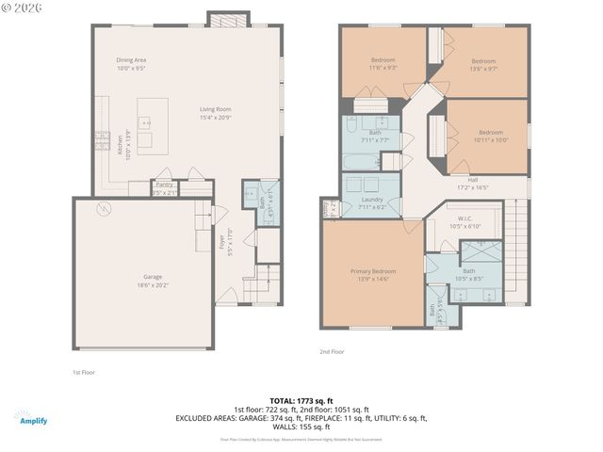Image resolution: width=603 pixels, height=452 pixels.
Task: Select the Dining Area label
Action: (x=131, y=64)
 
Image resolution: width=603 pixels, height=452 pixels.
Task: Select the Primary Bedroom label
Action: (x=373, y=275)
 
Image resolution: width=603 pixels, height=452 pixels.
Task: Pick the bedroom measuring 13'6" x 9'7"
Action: (x=483, y=64)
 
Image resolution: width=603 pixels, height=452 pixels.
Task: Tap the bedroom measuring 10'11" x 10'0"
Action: (x=491, y=136)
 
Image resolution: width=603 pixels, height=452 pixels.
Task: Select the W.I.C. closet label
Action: (x=465, y=223)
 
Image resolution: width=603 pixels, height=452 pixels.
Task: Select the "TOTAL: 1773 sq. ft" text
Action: (x=301, y=400)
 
